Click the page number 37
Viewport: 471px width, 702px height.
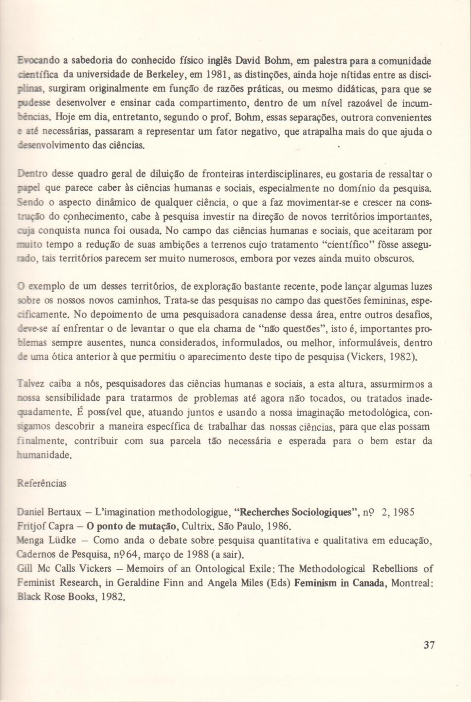(429, 645)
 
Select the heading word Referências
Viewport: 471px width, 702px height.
(42, 483)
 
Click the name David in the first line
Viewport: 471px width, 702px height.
(248, 61)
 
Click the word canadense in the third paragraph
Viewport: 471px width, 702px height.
(254, 315)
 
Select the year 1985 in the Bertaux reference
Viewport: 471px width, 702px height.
(404, 512)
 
